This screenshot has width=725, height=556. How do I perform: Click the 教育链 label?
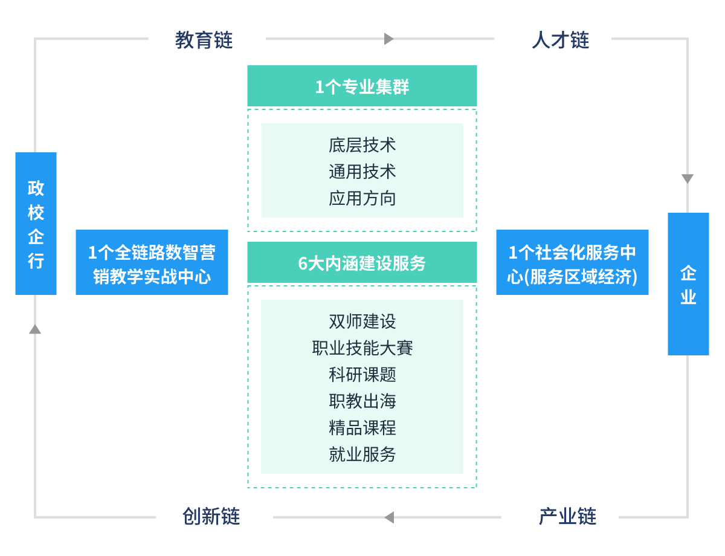(x=204, y=40)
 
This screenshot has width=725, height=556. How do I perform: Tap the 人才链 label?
(x=560, y=40)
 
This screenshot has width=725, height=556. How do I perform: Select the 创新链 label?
(x=211, y=517)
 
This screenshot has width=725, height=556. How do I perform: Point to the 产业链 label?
(x=567, y=517)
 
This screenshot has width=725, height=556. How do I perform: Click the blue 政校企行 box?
(x=36, y=224)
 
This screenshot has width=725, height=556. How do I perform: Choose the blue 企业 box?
(x=688, y=284)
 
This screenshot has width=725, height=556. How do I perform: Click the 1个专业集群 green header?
(x=362, y=86)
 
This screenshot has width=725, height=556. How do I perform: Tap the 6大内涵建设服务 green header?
(x=362, y=263)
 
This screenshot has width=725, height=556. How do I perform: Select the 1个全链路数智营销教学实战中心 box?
(x=152, y=263)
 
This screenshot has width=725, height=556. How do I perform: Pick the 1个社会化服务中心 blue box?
(x=572, y=263)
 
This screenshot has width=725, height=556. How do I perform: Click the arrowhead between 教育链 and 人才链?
(x=389, y=39)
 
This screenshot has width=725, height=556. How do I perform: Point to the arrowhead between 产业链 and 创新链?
(x=389, y=517)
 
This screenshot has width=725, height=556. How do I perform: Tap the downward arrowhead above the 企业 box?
(x=688, y=179)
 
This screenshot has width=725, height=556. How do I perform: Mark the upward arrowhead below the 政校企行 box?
(x=35, y=329)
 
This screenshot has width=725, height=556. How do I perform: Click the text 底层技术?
(x=362, y=145)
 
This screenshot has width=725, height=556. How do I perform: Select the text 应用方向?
(x=362, y=198)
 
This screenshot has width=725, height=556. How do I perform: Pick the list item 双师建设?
(x=362, y=321)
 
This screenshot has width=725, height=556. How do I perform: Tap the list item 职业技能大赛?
(x=362, y=347)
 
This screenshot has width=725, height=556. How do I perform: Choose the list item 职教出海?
(x=362, y=401)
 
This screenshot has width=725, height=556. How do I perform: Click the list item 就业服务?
(x=362, y=454)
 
